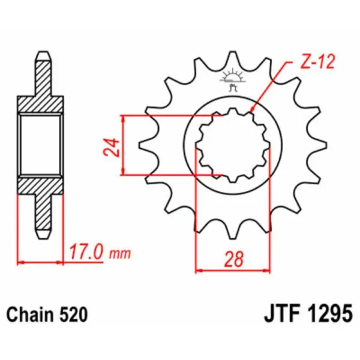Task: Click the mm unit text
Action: [121, 254]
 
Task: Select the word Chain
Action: [29, 314]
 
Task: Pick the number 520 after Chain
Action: [74, 314]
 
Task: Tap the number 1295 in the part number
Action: [329, 314]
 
